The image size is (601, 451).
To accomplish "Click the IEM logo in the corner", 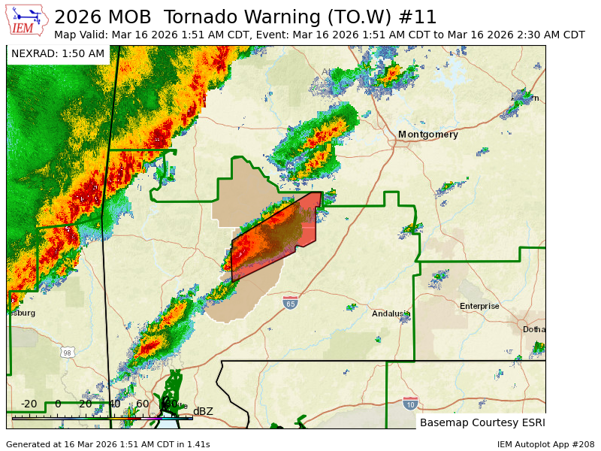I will [28, 20].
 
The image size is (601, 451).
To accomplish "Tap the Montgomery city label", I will [427, 135].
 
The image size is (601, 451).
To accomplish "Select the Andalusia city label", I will [391, 313].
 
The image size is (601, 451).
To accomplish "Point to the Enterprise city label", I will [479, 306].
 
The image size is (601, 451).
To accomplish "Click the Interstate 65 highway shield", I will [291, 303].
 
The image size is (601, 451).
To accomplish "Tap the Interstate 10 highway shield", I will [410, 404].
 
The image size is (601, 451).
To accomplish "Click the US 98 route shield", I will [68, 353].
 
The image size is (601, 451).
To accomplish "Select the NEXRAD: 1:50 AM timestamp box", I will [58, 54].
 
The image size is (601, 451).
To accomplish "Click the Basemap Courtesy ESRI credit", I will [482, 422].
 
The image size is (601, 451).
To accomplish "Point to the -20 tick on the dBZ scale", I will [29, 404].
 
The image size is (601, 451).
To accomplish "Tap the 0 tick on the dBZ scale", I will [58, 404].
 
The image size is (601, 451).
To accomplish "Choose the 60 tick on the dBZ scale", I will [142, 404].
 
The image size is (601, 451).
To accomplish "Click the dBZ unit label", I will [203, 411].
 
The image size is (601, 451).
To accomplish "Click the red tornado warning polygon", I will [300, 225].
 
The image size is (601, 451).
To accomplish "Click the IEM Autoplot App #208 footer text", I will [545, 444].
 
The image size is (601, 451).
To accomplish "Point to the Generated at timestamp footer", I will [107, 444].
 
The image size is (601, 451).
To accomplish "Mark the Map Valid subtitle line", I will [319, 35].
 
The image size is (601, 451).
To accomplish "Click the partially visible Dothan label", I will [534, 329].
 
